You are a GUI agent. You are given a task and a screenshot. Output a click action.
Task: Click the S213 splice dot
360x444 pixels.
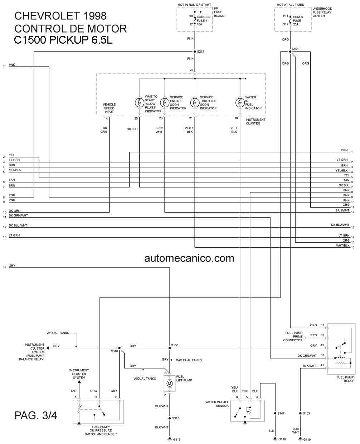195,52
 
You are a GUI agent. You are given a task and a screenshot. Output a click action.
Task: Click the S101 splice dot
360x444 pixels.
290,52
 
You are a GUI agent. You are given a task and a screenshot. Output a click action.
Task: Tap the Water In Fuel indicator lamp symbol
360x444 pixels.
240,103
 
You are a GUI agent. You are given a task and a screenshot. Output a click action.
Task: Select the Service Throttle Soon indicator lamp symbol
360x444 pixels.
195,103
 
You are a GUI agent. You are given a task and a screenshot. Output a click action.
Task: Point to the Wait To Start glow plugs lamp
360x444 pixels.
140,103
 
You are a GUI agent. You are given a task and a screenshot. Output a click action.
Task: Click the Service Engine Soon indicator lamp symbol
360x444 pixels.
165,103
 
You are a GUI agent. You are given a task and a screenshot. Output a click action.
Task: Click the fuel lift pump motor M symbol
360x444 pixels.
170,384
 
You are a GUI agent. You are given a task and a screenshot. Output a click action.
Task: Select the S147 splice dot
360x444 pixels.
275,413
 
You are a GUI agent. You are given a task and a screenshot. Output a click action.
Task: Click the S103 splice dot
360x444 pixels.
300,413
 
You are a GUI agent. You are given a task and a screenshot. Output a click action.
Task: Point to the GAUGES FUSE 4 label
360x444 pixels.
203,19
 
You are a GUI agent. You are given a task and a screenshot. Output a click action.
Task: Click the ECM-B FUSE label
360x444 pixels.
298,19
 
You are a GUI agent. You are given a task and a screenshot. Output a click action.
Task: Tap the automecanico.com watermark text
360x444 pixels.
189,258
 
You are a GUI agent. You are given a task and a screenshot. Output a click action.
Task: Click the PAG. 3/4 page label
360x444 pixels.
36,415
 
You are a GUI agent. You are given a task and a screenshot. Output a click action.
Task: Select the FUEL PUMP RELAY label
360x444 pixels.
345,379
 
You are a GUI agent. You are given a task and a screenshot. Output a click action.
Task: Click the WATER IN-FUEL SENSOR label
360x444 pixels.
217,404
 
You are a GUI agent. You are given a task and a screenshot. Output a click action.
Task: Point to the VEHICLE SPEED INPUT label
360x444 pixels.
109,108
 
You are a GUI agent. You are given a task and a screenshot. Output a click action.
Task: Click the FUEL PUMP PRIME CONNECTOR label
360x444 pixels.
293,336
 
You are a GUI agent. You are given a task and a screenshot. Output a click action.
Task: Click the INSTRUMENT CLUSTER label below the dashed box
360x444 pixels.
256,121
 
